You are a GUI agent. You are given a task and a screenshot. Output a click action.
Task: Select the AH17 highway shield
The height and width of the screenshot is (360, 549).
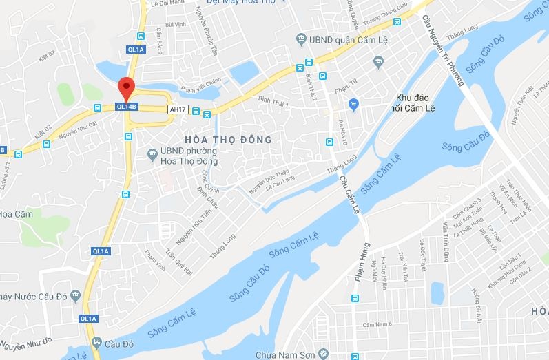(x=177, y=109)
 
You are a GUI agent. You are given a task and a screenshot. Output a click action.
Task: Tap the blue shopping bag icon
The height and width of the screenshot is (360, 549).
(x=354, y=105)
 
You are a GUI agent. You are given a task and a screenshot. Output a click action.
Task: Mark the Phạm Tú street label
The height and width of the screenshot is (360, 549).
(x=343, y=89)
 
